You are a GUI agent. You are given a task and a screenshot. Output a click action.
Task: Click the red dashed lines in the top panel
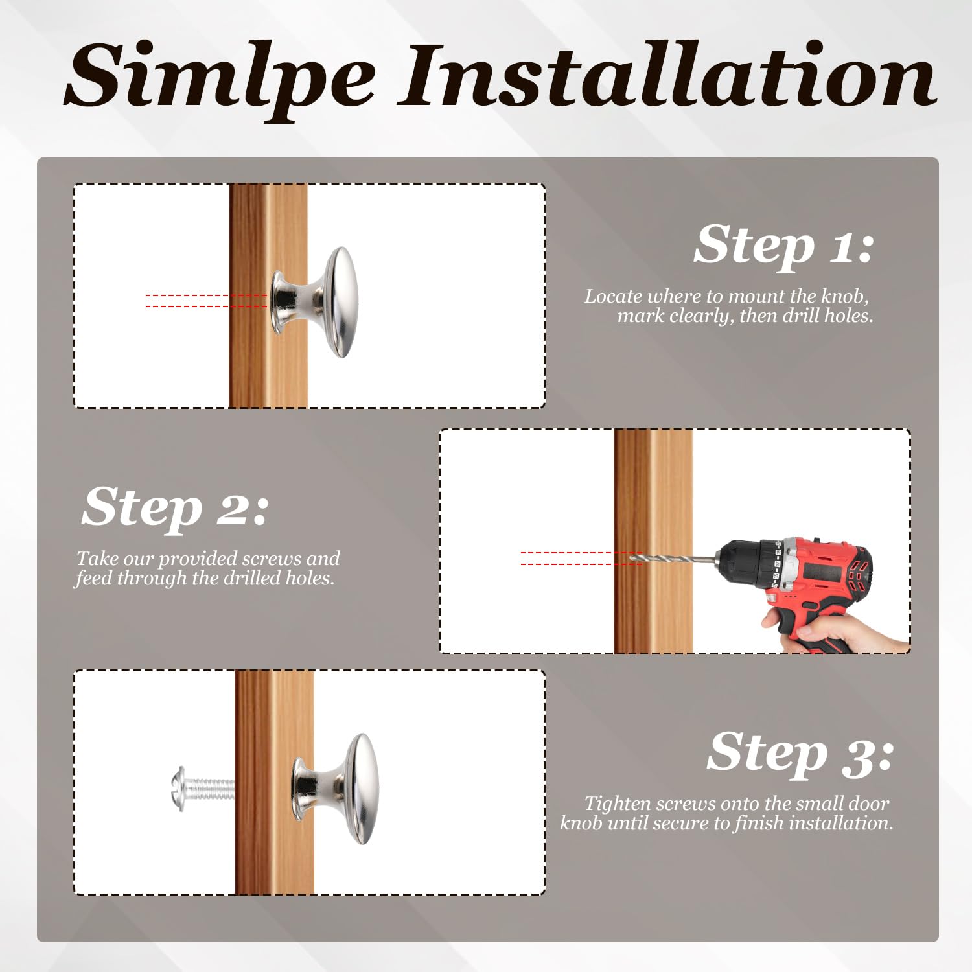207,301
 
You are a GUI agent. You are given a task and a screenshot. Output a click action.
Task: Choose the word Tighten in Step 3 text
618,804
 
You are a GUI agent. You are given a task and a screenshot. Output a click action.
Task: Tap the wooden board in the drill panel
653,541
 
